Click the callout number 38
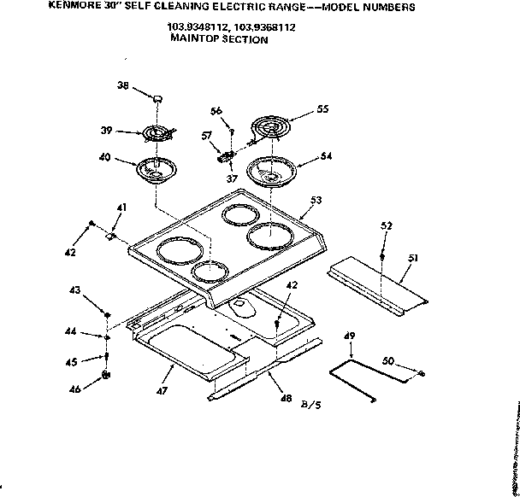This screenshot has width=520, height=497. [122, 86]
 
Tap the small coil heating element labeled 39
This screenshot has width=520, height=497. [156, 134]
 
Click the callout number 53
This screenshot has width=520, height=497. [316, 200]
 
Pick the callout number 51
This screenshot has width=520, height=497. [413, 257]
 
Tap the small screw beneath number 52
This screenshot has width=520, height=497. [382, 256]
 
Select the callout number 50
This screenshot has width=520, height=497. [387, 362]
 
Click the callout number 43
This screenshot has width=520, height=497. [75, 292]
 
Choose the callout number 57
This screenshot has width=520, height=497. [206, 136]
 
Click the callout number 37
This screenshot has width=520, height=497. [232, 178]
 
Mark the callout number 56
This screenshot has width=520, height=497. [216, 111]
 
